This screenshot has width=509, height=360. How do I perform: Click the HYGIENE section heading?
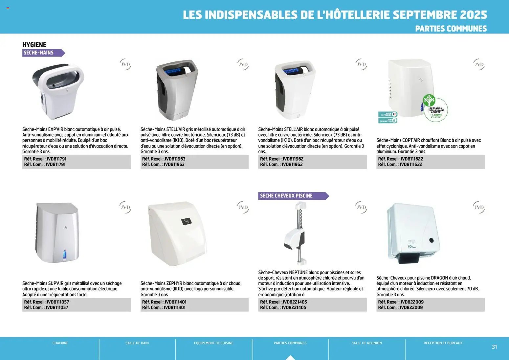34,45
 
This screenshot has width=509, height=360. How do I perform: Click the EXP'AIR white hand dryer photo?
58,91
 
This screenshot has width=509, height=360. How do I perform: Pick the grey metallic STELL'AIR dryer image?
177,90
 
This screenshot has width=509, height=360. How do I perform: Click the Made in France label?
388,114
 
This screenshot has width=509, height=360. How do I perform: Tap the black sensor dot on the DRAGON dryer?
432,240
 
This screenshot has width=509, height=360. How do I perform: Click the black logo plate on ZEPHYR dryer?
186,221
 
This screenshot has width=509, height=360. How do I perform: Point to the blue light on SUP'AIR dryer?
64,254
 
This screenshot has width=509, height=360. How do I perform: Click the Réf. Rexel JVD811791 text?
45,159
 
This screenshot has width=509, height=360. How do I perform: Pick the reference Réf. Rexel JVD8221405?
283,302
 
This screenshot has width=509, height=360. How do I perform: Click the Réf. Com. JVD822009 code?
400,307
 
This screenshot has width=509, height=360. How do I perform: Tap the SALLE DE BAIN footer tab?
137,343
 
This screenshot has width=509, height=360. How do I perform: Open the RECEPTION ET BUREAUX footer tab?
443,343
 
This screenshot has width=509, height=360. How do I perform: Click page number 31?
494,347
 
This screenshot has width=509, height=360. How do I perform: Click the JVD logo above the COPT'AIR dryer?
479,64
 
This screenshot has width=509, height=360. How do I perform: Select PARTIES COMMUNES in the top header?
451,29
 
